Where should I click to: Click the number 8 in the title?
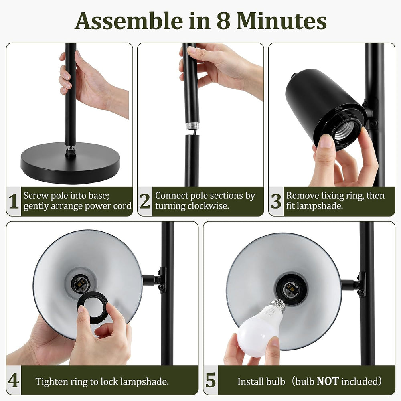point(225,21)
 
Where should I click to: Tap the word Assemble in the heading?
point(129,21)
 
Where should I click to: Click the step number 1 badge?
point(14,201)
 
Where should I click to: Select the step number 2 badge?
point(145,201)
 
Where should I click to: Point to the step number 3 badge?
point(276,201)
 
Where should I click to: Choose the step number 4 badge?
point(14,380)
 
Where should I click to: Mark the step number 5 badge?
point(211,380)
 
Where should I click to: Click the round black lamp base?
point(70,163)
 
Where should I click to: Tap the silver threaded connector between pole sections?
point(192,126)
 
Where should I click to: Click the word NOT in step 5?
point(328,381)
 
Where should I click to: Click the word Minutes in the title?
point(282,21)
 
